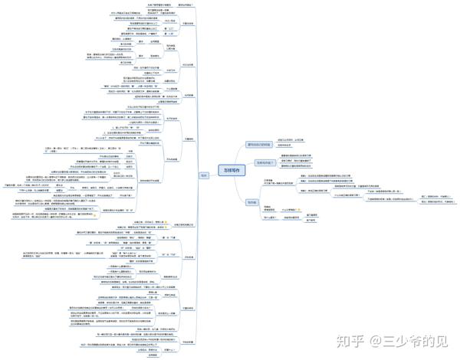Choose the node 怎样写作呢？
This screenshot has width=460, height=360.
[x=264, y=162]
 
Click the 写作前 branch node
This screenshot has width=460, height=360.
[x=251, y=201]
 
